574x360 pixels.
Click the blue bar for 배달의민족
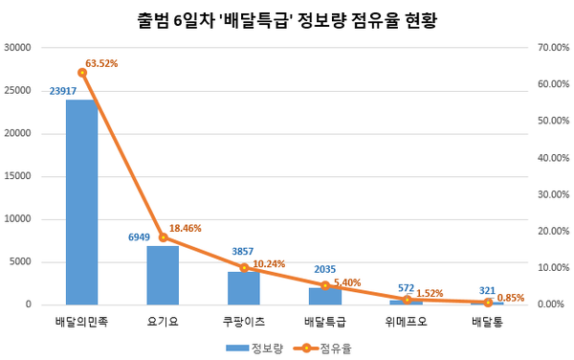[81, 202]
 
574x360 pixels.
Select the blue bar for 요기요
[163, 275]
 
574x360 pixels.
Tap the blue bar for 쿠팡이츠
[244, 288]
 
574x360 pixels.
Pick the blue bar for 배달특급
[325, 296]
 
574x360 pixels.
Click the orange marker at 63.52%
[82, 73]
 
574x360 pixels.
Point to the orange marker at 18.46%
[163, 237]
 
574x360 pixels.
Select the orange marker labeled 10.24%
[244, 268]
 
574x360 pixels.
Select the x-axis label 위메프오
[407, 322]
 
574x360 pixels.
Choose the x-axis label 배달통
[488, 322]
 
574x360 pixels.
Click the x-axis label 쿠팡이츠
[244, 322]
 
